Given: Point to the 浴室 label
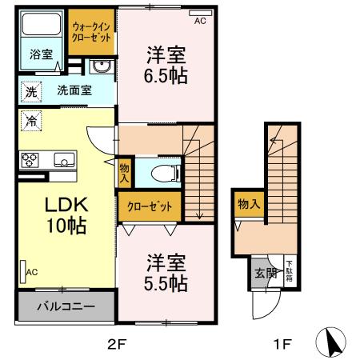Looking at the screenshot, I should pyautogui.click(x=42, y=54).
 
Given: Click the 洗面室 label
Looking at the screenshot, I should pyautogui.click(x=74, y=90).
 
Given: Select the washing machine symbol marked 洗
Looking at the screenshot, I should pyautogui.click(x=30, y=91).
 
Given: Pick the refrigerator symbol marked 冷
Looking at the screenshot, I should pyautogui.click(x=31, y=122).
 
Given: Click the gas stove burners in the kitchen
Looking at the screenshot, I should pyautogui.click(x=30, y=159).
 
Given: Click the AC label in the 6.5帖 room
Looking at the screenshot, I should pyautogui.click(x=199, y=22).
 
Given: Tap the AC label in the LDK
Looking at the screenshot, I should pyautogui.click(x=31, y=273).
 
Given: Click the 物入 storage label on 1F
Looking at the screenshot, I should pyautogui.click(x=249, y=205).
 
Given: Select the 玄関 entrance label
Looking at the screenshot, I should pyautogui.click(x=265, y=274).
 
